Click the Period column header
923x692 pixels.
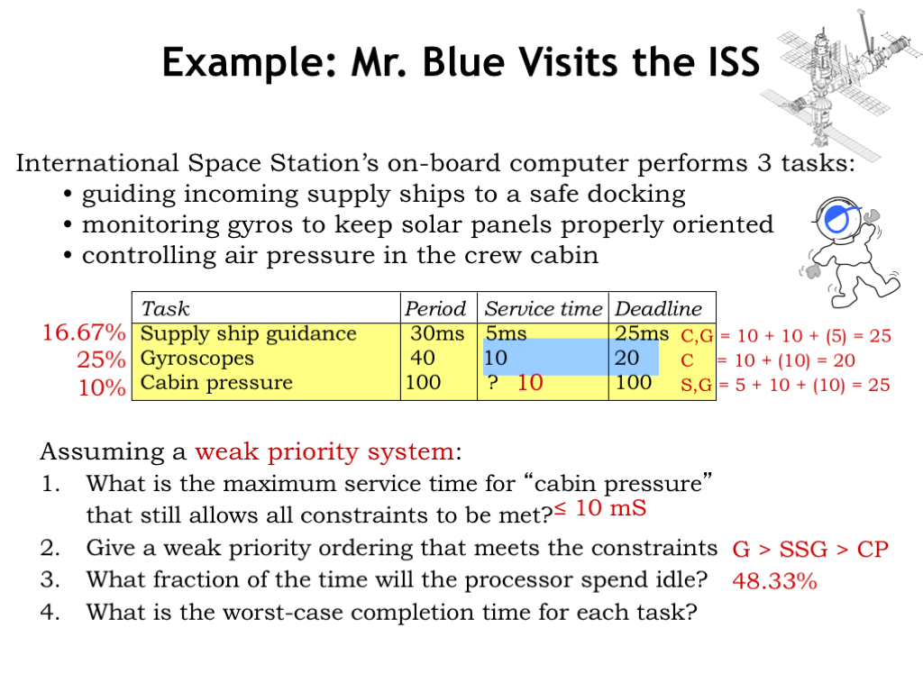point(435,308)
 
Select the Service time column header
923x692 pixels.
point(544,308)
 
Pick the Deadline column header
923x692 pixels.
point(658,308)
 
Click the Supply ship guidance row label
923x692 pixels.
point(249,334)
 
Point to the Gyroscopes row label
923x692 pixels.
point(197,359)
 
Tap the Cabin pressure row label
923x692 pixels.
point(216,382)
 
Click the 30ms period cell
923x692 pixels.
point(437,333)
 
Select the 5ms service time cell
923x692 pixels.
point(506,333)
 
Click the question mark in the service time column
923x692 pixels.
point(493,382)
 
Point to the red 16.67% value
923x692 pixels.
point(84,333)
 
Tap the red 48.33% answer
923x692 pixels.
point(774,581)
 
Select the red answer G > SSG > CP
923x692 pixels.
point(810,550)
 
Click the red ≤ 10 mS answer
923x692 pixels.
point(599,508)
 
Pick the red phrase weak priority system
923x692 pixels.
point(324,452)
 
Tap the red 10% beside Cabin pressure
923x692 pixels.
point(102,387)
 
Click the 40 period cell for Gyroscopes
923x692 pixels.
point(423,358)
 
